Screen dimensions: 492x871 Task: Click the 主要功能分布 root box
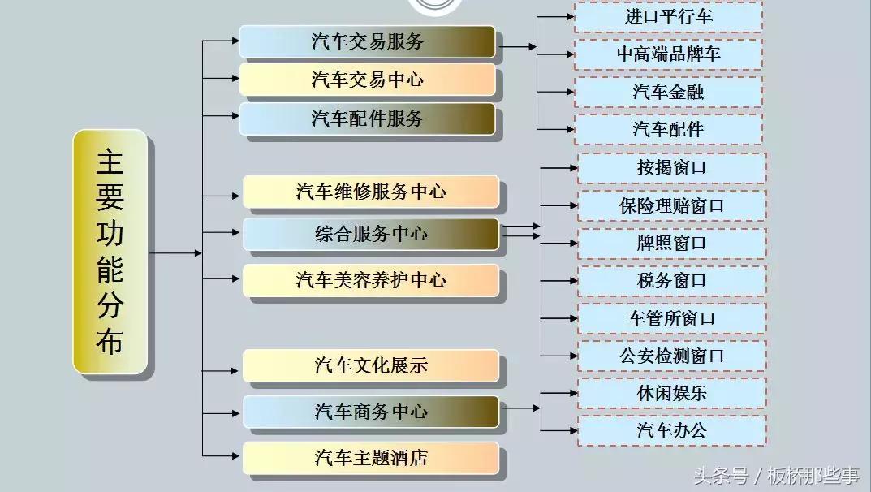click(x=110, y=252)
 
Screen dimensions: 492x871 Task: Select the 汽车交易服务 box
click(x=367, y=42)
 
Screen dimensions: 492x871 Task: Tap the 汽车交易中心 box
click(x=367, y=80)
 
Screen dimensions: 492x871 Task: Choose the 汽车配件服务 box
click(x=367, y=118)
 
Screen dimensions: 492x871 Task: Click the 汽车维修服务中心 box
click(x=371, y=192)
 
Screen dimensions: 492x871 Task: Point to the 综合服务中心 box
click(x=371, y=234)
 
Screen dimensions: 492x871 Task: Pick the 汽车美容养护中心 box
click(x=371, y=281)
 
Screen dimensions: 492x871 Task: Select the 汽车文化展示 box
click(x=371, y=365)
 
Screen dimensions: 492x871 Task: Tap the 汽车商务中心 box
click(x=371, y=412)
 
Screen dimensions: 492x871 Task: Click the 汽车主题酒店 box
click(x=371, y=458)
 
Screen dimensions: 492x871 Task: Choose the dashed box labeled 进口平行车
click(x=669, y=17)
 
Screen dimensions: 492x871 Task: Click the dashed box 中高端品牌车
click(x=669, y=54)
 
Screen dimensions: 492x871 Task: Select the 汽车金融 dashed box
click(x=669, y=92)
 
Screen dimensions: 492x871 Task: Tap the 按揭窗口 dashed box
click(x=671, y=168)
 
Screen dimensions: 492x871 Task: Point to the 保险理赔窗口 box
click(x=671, y=205)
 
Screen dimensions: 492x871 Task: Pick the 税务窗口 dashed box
click(x=671, y=281)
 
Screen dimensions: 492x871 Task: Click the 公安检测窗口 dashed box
click(x=671, y=356)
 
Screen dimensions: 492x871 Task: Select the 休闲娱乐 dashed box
click(x=671, y=393)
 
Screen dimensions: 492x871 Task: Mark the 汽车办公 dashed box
click(x=671, y=430)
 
